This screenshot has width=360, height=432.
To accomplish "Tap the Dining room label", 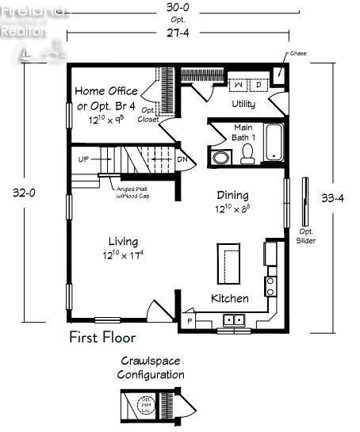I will point(232,195).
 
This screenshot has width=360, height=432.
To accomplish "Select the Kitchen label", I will point(229,299).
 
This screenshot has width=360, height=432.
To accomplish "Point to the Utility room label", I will point(243,104).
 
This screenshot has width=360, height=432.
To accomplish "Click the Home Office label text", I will point(106,91).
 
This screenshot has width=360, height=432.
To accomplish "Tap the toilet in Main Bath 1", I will point(247,152).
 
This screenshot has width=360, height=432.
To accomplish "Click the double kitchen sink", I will point(234,319).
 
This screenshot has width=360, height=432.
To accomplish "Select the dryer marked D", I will point(259,83).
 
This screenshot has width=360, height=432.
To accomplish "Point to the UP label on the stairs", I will point(83,159).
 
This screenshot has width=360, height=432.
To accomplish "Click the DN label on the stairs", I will point(182,159).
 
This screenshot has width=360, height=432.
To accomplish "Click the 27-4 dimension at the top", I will point(178,32).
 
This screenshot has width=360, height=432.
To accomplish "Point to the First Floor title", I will point(102,338).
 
